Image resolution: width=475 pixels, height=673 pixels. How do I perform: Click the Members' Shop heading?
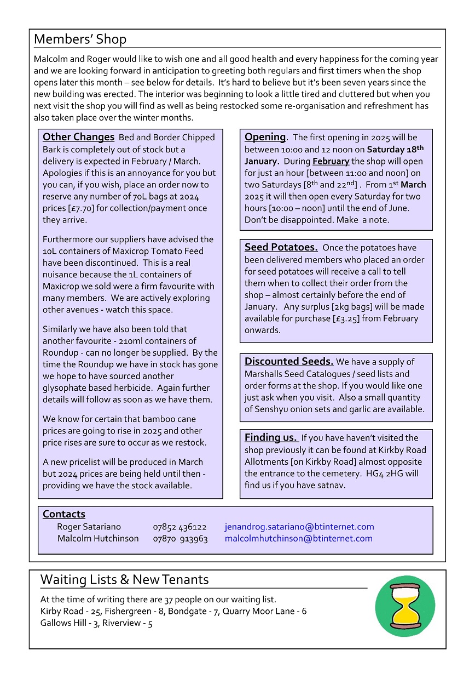(x=80, y=39)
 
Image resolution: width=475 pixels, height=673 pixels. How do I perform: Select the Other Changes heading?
(x=78, y=137)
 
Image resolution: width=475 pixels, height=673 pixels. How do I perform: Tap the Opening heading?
(x=265, y=137)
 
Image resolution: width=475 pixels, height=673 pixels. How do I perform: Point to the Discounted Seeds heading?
(x=288, y=361)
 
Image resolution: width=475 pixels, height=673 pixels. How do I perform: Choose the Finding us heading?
(x=270, y=437)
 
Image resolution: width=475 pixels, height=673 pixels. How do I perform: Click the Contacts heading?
(x=64, y=514)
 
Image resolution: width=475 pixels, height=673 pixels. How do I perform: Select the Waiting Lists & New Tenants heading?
(x=124, y=580)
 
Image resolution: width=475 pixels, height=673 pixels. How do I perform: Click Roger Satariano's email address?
(x=299, y=527)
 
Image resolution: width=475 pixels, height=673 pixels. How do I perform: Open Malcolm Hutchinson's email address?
(x=298, y=538)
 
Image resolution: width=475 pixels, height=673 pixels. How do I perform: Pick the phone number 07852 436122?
(x=179, y=527)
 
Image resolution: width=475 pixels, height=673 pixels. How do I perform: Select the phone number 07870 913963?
(x=180, y=538)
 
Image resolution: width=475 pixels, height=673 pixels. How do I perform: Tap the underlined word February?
(x=331, y=161)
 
